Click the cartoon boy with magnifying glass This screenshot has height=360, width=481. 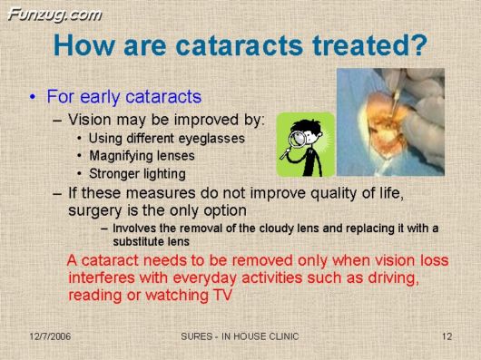(x=305, y=144)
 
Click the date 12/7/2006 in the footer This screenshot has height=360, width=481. (x=49, y=337)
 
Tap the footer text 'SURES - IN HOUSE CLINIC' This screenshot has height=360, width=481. (x=240, y=337)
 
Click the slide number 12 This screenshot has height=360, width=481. (x=446, y=337)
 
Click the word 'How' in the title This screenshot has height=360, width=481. (x=83, y=44)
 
